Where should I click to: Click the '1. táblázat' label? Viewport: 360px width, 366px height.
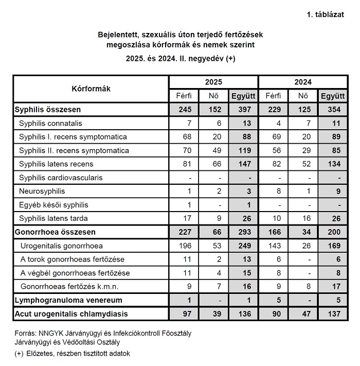click(x=325, y=14)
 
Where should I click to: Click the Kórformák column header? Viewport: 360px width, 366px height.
click(x=91, y=89)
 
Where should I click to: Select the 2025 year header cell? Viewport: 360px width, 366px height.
click(x=213, y=82)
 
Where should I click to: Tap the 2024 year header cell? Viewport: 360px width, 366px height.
click(x=302, y=82)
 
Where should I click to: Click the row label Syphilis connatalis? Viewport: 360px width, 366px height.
click(x=50, y=124)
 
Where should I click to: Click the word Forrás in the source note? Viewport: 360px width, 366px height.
click(x=25, y=333)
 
